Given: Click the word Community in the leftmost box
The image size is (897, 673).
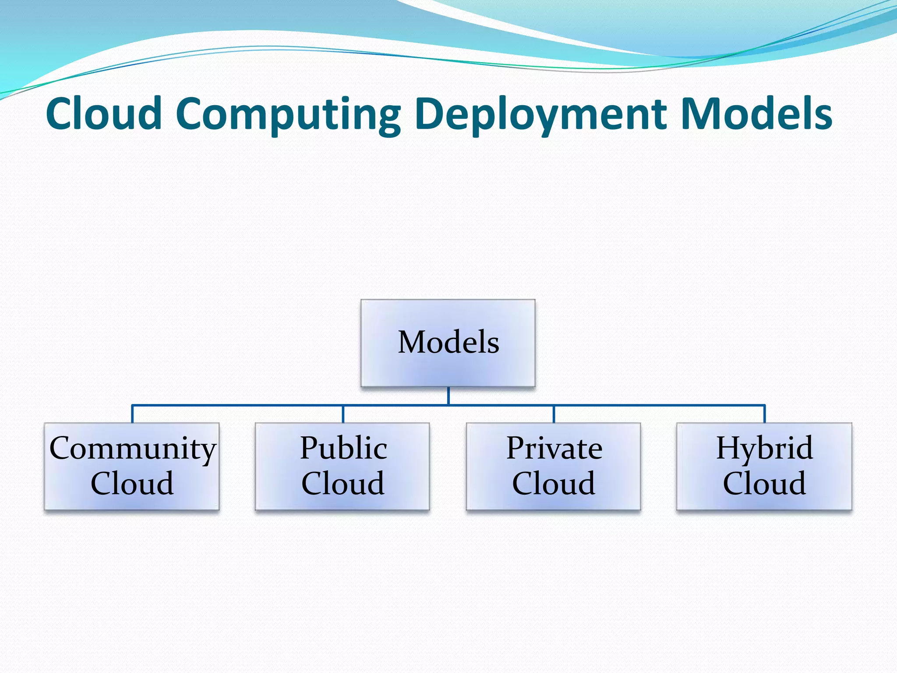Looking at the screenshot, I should [133, 449].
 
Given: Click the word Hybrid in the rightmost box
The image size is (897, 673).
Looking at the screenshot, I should [764, 449].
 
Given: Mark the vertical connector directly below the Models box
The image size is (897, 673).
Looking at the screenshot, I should [448, 396].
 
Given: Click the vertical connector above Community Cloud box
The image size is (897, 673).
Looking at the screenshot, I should [132, 414].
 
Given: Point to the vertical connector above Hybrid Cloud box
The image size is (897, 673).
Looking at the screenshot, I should [765, 414].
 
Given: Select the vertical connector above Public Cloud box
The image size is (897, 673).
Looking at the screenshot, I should [343, 414].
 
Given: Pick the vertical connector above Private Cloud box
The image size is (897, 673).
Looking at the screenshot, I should [554, 414].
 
